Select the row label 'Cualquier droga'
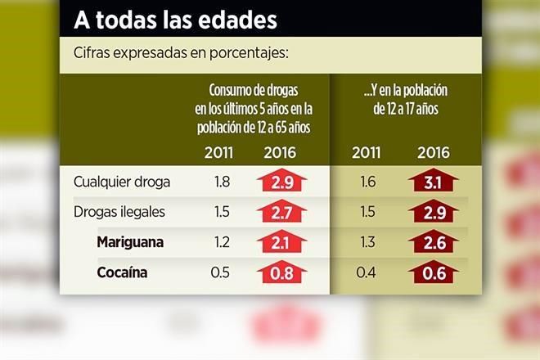[120, 181]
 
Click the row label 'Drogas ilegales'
[119, 212]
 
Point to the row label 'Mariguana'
[129, 242]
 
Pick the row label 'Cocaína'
[122, 272]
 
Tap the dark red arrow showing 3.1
[434, 181]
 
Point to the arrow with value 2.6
[434, 242]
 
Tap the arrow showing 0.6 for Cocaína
[434, 272]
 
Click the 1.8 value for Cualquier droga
[221, 181]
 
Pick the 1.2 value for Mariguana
[221, 242]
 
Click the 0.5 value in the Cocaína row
[221, 272]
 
